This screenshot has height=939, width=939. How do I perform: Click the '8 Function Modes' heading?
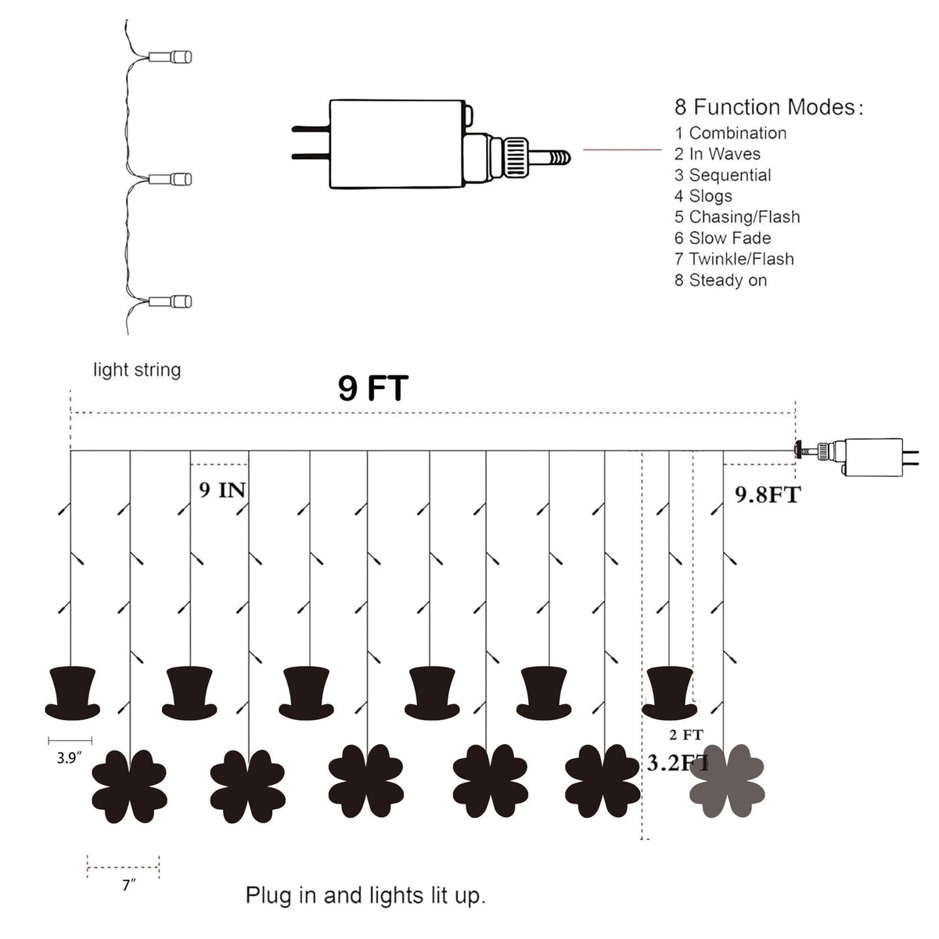tap(768, 107)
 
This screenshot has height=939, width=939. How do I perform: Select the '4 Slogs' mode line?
tap(703, 196)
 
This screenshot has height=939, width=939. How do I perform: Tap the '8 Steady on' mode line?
tap(721, 280)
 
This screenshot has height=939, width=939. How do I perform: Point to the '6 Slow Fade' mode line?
tap(723, 238)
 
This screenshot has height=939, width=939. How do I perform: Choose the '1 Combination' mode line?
tap(730, 133)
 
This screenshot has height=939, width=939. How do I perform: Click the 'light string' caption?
tap(137, 370)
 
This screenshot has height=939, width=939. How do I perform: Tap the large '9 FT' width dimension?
tap(372, 388)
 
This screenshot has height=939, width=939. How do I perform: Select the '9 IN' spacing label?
tap(222, 490)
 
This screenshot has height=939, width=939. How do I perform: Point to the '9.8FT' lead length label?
tap(768, 495)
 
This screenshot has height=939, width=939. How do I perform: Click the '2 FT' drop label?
tap(686, 734)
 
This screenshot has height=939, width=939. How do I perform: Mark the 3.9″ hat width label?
tap(69, 758)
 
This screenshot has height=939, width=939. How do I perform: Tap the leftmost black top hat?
tap(73, 693)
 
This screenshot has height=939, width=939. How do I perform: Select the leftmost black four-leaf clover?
tap(130, 787)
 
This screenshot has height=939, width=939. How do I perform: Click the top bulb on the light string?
tap(170, 57)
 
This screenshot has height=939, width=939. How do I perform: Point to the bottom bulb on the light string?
tap(170, 301)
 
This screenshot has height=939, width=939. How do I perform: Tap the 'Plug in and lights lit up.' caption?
tap(365, 896)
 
